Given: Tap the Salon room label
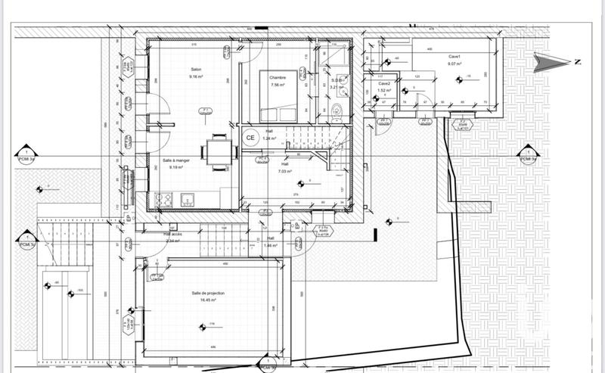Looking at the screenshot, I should [x=195, y=70].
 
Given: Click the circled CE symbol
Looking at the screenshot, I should [x=250, y=137].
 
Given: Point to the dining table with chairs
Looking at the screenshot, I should [x=217, y=148].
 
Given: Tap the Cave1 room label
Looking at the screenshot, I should [x=455, y=58].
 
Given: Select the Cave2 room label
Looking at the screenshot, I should [x=384, y=83].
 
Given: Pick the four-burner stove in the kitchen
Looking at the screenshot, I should [x=163, y=200].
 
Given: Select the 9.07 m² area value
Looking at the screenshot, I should [x=455, y=64].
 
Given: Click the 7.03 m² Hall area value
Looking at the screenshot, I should [x=285, y=171].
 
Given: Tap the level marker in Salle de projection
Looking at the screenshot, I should [x=203, y=327].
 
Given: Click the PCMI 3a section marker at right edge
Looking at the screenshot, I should [x=527, y=157].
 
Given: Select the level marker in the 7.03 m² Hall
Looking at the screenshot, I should [x=299, y=182].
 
